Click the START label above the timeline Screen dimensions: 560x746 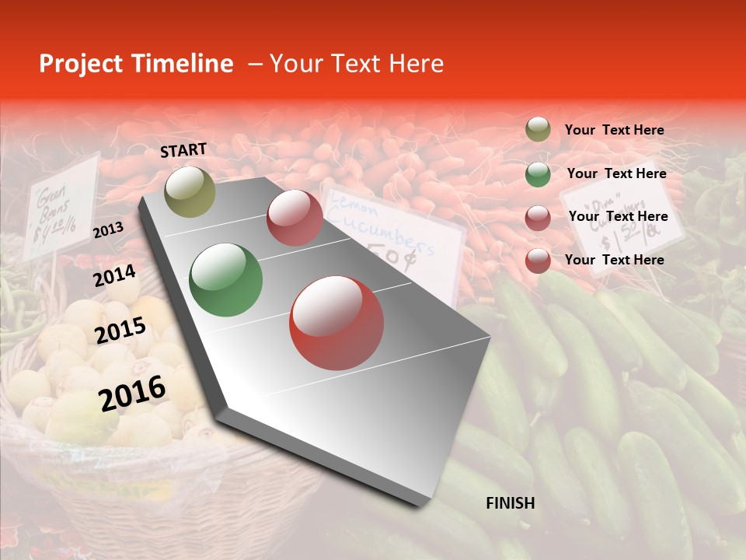(x=183, y=150)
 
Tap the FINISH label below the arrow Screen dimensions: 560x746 (x=510, y=503)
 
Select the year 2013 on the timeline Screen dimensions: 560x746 (x=108, y=229)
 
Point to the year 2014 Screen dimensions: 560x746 (x=114, y=276)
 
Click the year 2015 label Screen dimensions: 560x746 (x=120, y=331)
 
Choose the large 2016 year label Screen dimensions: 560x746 (x=132, y=394)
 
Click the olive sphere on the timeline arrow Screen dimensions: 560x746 (x=190, y=191)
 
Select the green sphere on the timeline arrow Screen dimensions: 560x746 (x=226, y=280)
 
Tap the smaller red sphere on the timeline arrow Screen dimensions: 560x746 (x=295, y=218)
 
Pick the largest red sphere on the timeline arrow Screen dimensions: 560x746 (x=336, y=324)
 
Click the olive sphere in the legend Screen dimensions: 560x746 (x=538, y=130)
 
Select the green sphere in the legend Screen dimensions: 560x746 (x=538, y=174)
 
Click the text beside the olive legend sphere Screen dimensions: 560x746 (x=614, y=131)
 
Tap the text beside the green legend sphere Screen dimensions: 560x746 (x=616, y=174)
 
